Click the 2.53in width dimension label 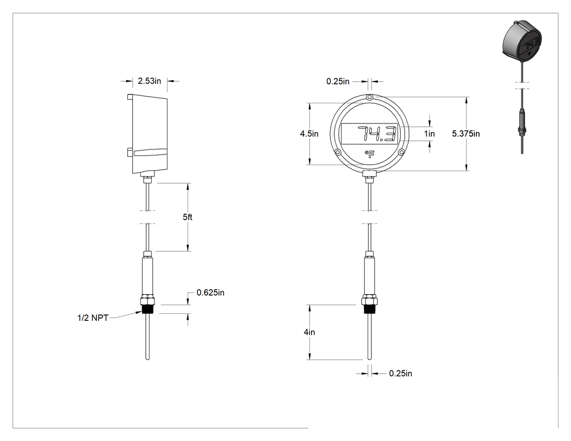[x=150, y=81]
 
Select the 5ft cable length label [x=188, y=217]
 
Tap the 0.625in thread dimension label [x=210, y=293]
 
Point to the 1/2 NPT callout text [x=93, y=318]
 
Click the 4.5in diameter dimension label [x=309, y=134]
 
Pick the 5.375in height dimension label [x=466, y=134]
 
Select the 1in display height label [x=430, y=134]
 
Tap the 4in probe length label [x=309, y=332]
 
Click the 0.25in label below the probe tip [x=401, y=373]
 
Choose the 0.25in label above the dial [x=338, y=81]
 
